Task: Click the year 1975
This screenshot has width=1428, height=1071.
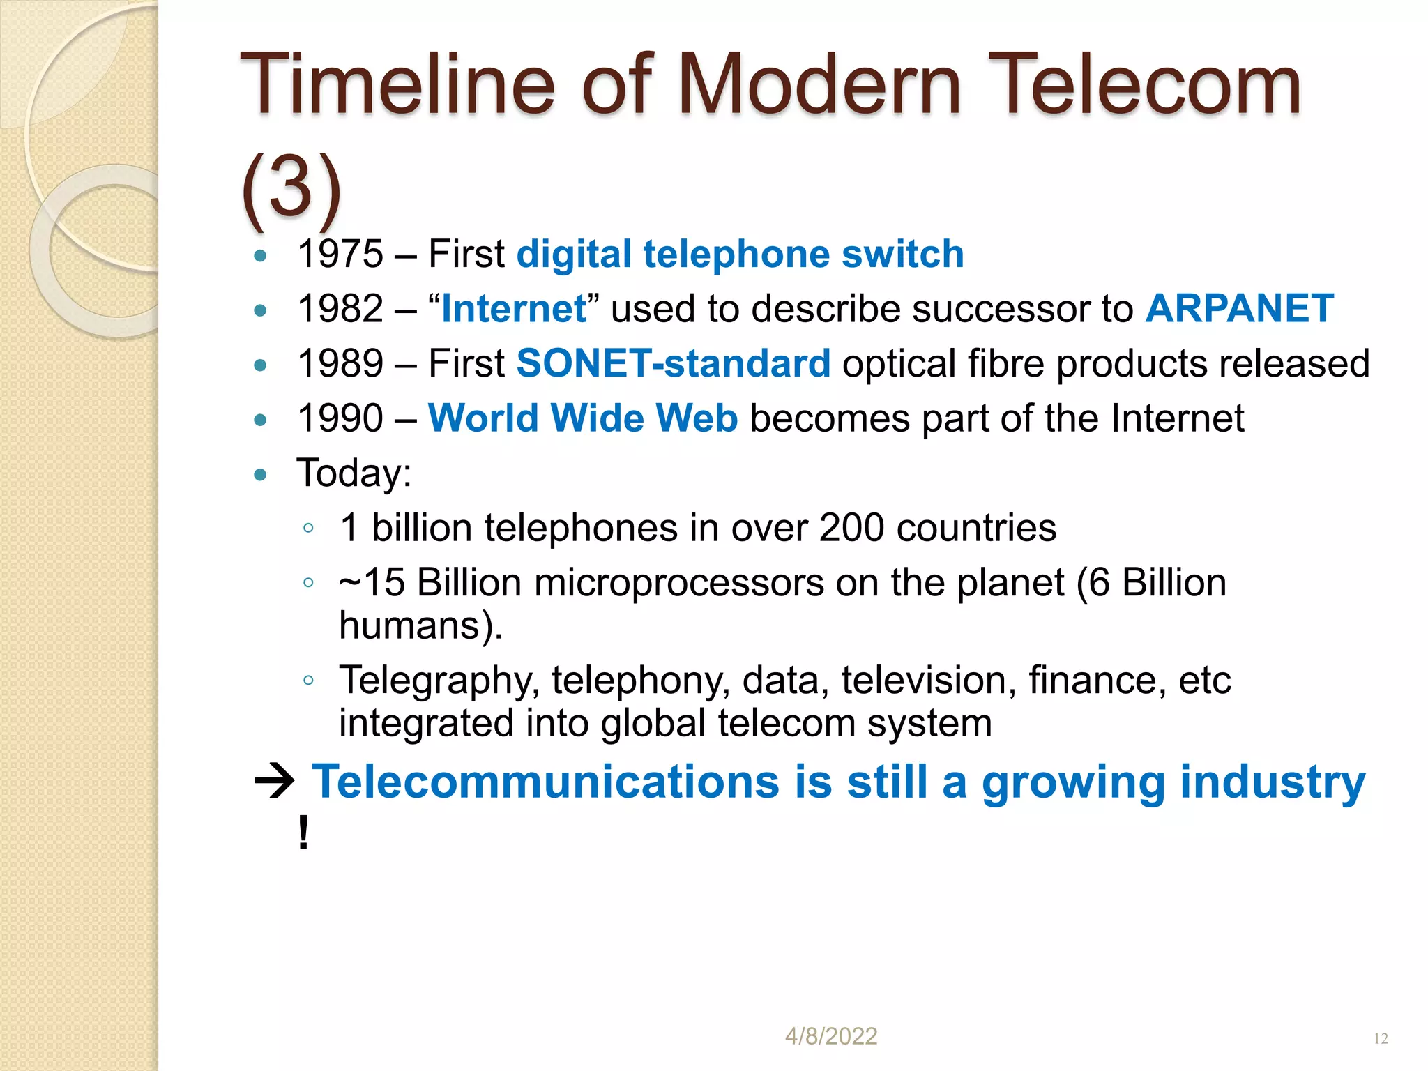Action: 340,254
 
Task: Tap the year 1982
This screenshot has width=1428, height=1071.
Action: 340,309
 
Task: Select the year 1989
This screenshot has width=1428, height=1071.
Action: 340,364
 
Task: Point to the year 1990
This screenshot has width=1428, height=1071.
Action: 340,418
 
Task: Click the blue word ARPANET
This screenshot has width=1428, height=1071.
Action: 1239,309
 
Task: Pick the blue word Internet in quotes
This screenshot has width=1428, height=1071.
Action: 514,309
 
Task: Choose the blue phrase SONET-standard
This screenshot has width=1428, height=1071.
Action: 673,364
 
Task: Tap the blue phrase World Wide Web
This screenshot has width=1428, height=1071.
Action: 582,418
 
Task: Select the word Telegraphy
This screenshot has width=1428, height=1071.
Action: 438,680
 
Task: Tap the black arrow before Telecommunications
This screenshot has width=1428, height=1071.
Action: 275,782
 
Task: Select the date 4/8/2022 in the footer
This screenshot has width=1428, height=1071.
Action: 830,1036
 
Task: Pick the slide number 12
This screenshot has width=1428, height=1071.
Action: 1381,1039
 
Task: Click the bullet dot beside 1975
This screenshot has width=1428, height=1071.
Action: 261,256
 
